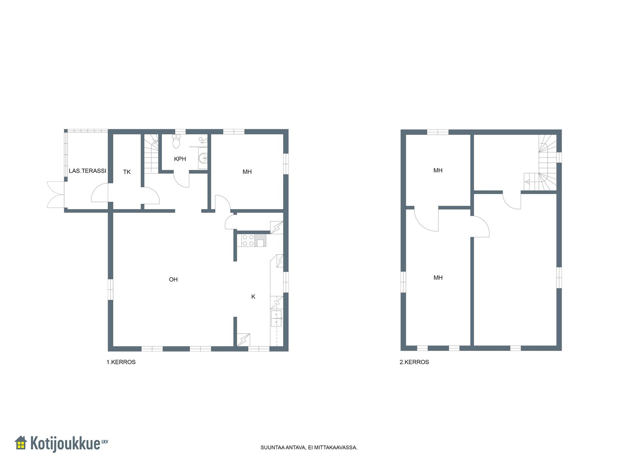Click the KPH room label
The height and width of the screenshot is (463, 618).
pyautogui.click(x=180, y=159)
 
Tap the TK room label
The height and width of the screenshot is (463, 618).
pyautogui.click(x=127, y=172)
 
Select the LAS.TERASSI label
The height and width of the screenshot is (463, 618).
pyautogui.click(x=87, y=171)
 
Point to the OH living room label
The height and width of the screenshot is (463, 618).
pyautogui.click(x=173, y=279)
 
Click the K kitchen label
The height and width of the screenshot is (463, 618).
pyautogui.click(x=253, y=297)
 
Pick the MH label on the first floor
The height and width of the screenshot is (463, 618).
pyautogui.click(x=247, y=172)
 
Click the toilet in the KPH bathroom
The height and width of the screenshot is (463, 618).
pyautogui.click(x=176, y=141)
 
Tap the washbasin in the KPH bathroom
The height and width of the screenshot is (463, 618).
pyautogui.click(x=203, y=158)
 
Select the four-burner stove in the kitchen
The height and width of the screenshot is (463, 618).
pyautogui.click(x=248, y=240)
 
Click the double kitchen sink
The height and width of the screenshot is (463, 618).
pyautogui.click(x=276, y=318)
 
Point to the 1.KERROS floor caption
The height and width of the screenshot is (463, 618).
pyautogui.click(x=121, y=362)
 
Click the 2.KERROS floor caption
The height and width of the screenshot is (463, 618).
pyautogui.click(x=414, y=362)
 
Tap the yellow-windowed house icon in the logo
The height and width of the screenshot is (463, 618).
pyautogui.click(x=21, y=443)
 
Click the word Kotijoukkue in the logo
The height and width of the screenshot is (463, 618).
pyautogui.click(x=65, y=444)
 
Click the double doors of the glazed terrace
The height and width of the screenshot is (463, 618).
pyautogui.click(x=56, y=194)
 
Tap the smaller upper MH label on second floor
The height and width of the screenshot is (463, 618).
pyautogui.click(x=438, y=171)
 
